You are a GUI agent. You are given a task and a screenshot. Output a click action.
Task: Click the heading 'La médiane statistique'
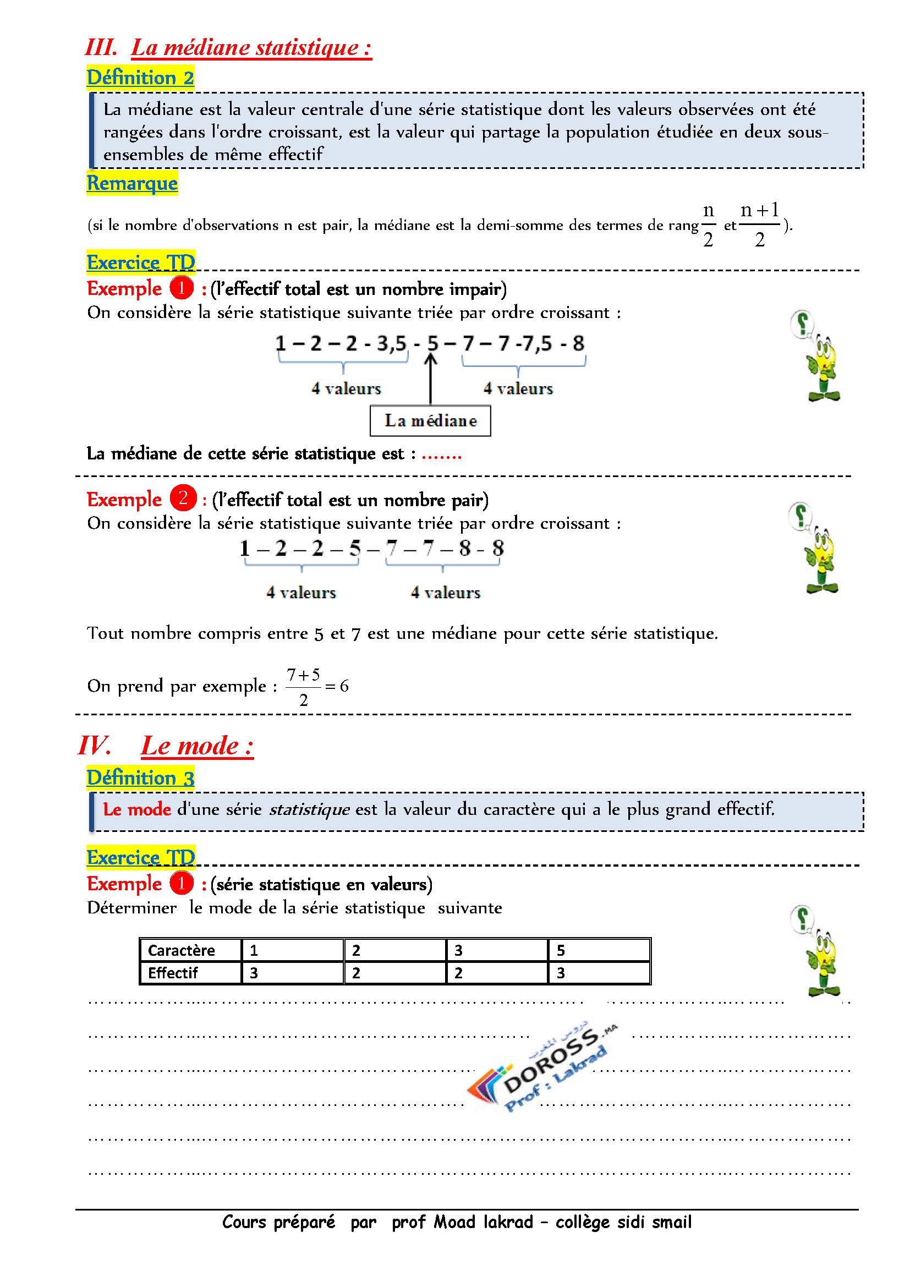251,48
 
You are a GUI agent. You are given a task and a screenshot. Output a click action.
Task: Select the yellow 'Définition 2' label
140,78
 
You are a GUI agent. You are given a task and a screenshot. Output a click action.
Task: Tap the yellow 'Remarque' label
132,183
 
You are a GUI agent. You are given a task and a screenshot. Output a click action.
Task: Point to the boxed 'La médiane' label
430,420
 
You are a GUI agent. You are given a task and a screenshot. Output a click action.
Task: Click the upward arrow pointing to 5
430,379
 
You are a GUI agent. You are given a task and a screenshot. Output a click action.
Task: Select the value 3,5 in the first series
391,343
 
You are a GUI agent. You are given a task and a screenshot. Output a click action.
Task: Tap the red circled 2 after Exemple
183,498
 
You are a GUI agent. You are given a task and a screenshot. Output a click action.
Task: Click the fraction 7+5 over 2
303,687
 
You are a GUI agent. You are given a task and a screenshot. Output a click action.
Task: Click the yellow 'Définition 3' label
140,778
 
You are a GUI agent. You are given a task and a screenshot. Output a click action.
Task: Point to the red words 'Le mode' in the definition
137,809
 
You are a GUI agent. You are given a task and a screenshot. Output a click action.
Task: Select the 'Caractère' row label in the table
181,950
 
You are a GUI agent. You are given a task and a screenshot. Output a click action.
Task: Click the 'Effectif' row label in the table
173,973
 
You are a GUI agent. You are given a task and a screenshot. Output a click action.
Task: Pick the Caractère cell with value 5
599,950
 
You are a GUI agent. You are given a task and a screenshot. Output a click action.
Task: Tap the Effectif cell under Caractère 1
292,973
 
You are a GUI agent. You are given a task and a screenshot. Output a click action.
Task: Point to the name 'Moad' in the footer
456,1222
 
